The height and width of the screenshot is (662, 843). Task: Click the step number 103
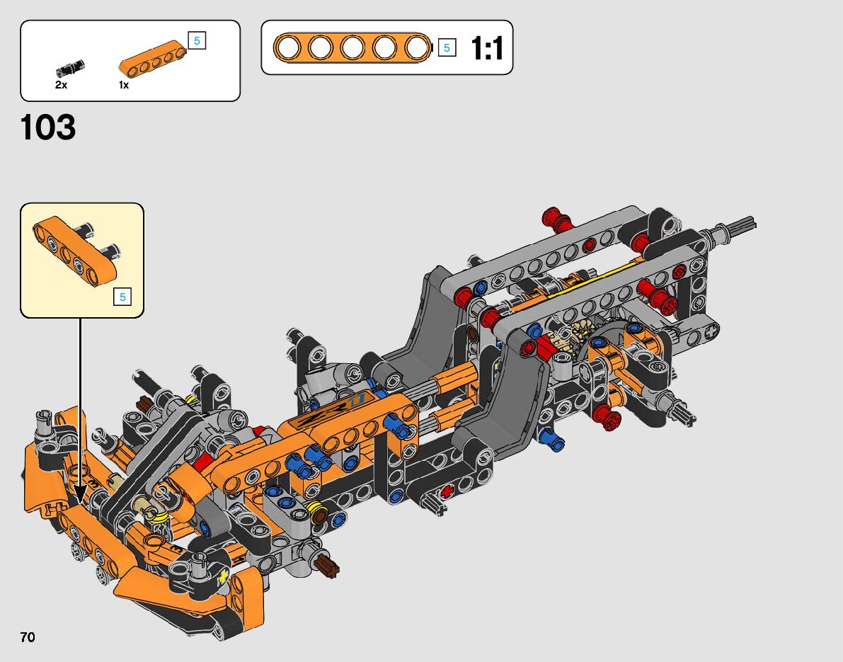tap(48, 127)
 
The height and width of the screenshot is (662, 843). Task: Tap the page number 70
tap(28, 637)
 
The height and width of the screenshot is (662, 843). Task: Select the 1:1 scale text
tap(487, 48)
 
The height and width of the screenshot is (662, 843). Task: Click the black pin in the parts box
tap(70, 68)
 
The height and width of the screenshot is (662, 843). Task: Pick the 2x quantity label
tap(61, 85)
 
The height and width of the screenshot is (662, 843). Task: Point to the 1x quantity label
tap(124, 85)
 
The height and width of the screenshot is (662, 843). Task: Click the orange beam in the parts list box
tap(153, 58)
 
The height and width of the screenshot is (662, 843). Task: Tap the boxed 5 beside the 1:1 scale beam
tap(447, 48)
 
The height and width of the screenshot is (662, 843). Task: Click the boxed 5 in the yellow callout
tap(122, 297)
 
